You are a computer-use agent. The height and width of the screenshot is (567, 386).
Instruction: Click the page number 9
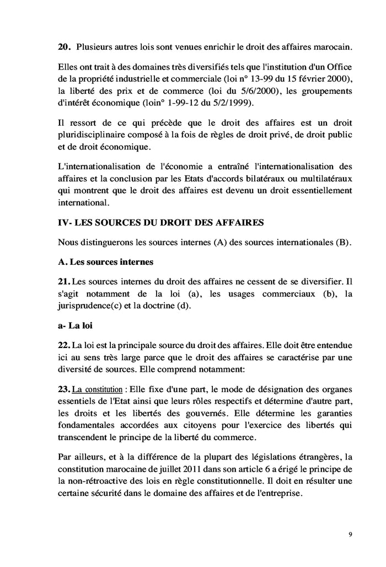point(351,534)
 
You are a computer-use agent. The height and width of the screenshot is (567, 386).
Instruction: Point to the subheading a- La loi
point(74,326)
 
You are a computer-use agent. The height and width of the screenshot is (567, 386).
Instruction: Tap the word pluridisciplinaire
point(93,135)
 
